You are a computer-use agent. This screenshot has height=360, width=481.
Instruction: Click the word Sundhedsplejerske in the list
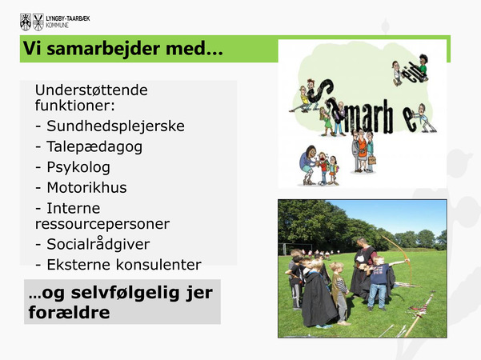(x=115, y=126)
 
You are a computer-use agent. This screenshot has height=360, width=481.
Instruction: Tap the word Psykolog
(x=78, y=167)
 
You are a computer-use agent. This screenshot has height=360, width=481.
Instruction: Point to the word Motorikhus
(x=86, y=188)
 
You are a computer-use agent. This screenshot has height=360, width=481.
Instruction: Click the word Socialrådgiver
(x=98, y=244)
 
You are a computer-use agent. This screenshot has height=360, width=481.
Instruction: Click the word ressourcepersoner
(x=102, y=224)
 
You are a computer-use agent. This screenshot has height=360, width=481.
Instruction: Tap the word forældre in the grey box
(x=69, y=313)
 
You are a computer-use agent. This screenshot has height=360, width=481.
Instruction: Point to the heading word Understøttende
(x=91, y=90)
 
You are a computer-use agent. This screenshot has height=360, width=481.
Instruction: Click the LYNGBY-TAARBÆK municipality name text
(x=68, y=18)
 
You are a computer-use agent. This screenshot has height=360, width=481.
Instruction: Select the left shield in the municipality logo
(x=26, y=22)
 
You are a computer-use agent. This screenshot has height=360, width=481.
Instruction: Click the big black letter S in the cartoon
(x=320, y=91)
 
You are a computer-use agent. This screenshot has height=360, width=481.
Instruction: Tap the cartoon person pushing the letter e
(x=424, y=118)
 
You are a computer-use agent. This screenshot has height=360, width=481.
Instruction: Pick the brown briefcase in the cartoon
(x=372, y=160)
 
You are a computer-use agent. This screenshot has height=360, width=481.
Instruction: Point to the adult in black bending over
(x=365, y=267)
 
